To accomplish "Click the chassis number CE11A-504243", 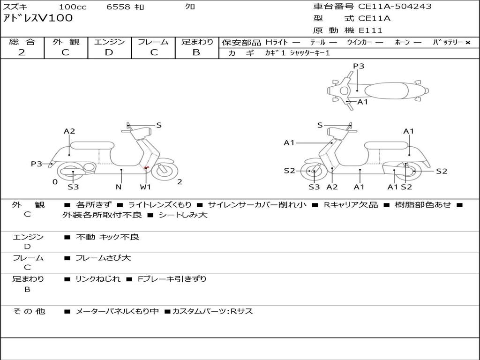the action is point(395,7).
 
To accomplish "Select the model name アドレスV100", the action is point(38,18).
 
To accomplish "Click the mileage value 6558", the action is point(119,7).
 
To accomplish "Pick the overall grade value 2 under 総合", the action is point(22,52).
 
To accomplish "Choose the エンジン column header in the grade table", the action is point(109,42).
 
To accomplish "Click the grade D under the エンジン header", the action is point(109,52).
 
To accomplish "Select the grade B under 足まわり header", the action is point(196,52).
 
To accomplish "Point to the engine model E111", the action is point(371,30).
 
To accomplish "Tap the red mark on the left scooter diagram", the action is point(146,167).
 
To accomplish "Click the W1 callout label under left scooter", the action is point(146,187).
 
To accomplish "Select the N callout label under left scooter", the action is point(119,187).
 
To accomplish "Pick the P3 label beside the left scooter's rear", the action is point(36,164).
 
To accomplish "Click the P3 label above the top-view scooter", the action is point(359,66).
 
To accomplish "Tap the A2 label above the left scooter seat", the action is point(69,131).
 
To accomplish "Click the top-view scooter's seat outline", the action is point(386,90).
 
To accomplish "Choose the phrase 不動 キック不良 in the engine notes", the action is point(108,237).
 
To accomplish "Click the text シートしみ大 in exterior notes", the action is point(183,215).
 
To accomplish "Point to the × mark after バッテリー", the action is point(468,43).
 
